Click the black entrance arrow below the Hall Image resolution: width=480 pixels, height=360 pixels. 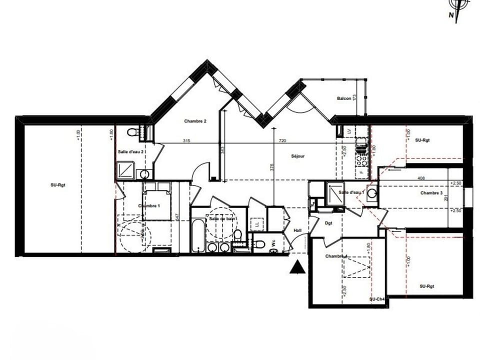point(297,267)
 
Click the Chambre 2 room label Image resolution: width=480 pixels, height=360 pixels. point(195,121)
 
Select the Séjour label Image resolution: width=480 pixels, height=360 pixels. point(298,156)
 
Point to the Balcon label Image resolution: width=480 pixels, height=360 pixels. point(344,99)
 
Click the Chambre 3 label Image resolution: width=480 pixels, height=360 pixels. point(431,193)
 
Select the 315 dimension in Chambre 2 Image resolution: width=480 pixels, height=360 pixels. point(186,141)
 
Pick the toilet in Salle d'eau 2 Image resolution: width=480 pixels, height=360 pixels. point(133,132)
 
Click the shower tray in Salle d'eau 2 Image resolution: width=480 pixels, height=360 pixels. point(125,170)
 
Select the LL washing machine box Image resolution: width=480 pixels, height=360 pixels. point(257,224)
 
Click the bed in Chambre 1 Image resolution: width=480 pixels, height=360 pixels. point(157,202)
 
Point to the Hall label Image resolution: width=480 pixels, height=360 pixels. point(297,230)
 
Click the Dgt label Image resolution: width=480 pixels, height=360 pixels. point(329,223)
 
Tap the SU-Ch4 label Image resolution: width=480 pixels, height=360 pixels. point(376,299)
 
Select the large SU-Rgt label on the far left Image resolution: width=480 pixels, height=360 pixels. point(58,185)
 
